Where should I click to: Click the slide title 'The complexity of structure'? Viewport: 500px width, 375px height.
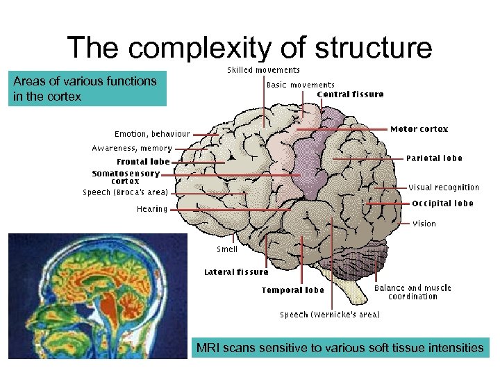pyautogui.click(x=249, y=48)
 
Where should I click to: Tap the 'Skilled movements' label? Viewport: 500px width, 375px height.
pyautogui.click(x=264, y=70)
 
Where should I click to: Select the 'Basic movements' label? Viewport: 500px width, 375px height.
pyautogui.click(x=301, y=85)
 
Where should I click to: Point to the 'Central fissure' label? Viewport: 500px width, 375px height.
pyautogui.click(x=350, y=94)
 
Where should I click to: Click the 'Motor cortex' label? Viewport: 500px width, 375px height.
pyautogui.click(x=419, y=129)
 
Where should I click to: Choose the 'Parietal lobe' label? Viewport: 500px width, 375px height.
pyautogui.click(x=434, y=158)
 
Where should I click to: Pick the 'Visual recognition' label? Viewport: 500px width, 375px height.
pyautogui.click(x=444, y=187)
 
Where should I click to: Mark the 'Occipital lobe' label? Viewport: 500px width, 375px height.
pyautogui.click(x=442, y=203)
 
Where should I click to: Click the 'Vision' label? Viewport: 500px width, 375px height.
pyautogui.click(x=424, y=224)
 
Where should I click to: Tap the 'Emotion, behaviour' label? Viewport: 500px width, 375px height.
pyautogui.click(x=152, y=133)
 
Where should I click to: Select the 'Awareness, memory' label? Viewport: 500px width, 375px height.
pyautogui.click(x=132, y=148)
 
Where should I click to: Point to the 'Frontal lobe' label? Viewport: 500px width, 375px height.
pyautogui.click(x=143, y=162)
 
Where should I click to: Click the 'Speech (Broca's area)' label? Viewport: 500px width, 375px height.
pyautogui.click(x=126, y=192)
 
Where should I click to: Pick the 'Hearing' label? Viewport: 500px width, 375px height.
pyautogui.click(x=152, y=208)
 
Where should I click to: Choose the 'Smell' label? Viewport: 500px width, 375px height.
pyautogui.click(x=227, y=249)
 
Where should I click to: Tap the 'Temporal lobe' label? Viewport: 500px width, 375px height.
pyautogui.click(x=292, y=290)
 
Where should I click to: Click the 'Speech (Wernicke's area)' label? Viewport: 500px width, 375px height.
pyautogui.click(x=330, y=315)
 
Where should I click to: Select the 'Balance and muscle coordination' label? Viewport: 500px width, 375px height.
pyautogui.click(x=412, y=292)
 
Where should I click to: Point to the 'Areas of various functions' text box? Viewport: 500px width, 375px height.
pyautogui.click(x=87, y=88)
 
